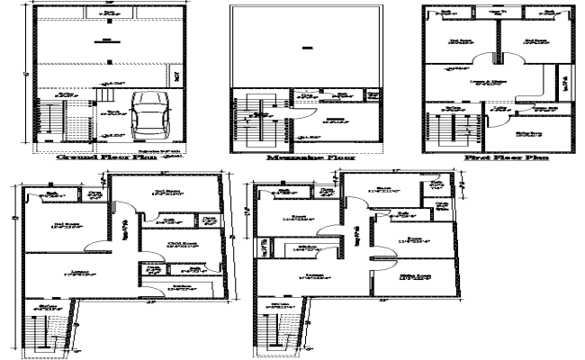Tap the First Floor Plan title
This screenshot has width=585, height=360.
500,157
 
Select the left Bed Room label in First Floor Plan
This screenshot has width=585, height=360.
462,41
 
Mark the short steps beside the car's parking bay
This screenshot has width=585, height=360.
103,91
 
